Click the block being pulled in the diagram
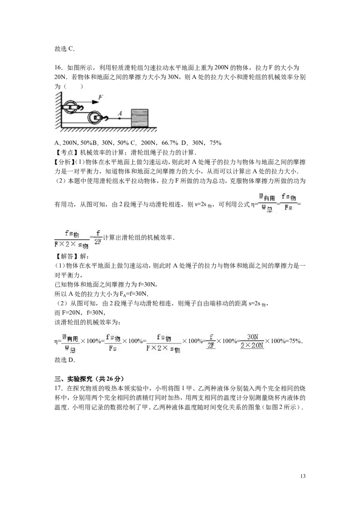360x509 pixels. coord(139,118)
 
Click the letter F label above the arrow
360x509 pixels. coord(101,97)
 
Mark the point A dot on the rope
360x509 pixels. coord(119,119)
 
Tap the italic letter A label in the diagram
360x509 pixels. coord(120,113)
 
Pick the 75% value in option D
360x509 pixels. coord(216,143)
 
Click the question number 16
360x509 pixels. coord(58,67)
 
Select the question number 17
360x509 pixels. coord(58,388)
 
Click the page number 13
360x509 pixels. coord(303,476)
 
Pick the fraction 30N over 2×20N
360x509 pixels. coord(252,341)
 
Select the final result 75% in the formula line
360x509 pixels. coord(296,341)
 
